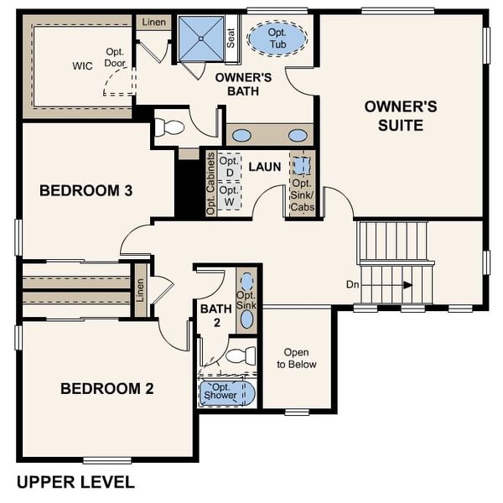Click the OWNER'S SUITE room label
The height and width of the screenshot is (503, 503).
(400, 116)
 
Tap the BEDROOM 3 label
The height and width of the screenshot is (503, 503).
(86, 191)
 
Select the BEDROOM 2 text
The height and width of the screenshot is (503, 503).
(106, 388)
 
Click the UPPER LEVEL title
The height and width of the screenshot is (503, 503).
(75, 482)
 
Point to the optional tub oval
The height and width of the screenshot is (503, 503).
(277, 39)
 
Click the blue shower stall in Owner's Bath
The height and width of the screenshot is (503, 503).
(201, 38)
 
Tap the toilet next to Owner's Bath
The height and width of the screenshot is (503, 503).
(170, 127)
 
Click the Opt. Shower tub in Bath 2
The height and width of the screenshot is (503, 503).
(226, 392)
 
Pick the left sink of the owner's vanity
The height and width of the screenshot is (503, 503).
(241, 135)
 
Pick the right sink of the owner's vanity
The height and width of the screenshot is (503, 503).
(297, 135)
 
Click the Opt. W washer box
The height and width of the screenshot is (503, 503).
(230, 195)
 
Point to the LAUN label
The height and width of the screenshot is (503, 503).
(264, 167)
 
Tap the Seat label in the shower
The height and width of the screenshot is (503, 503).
(231, 38)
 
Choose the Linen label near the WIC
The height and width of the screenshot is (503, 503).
(152, 22)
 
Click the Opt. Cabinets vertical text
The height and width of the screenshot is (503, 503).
(210, 184)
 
